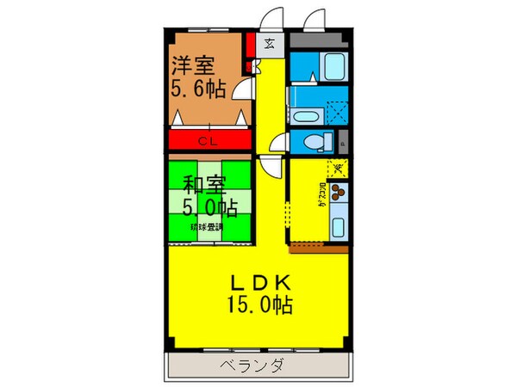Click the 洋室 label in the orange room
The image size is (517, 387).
190,64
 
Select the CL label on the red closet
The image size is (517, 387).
208,140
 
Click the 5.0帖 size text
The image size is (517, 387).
210,207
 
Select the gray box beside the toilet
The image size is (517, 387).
342,143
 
